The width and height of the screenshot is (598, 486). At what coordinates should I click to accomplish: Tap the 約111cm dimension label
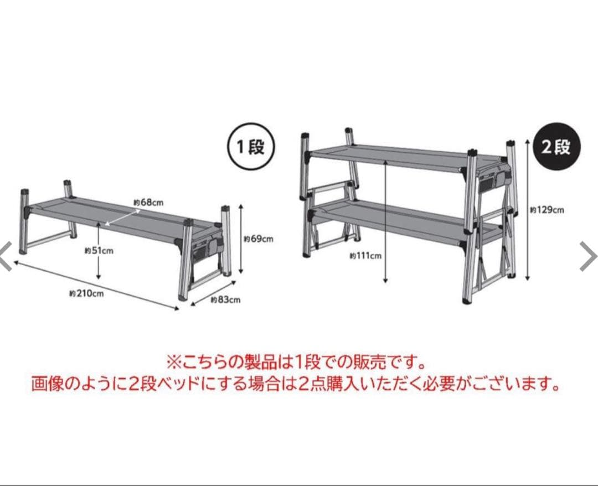(x=365, y=256)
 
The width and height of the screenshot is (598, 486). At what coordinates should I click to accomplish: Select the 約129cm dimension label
(x=547, y=210)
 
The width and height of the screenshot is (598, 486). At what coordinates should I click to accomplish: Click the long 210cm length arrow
(x=94, y=285)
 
